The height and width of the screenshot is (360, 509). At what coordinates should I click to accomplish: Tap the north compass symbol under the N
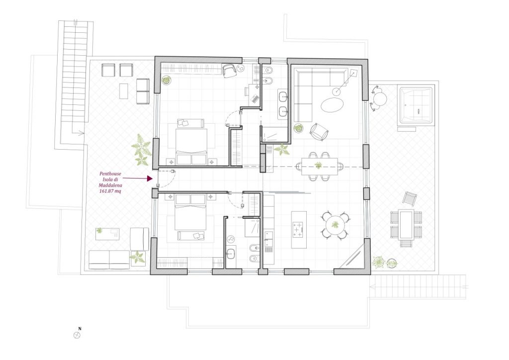pyautogui.click(x=77, y=335)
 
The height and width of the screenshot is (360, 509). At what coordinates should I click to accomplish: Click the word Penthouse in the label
pyautogui.click(x=110, y=174)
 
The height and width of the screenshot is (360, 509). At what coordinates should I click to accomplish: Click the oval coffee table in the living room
pyautogui.click(x=332, y=105)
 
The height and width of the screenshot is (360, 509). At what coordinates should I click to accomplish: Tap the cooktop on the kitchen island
pyautogui.click(x=298, y=229)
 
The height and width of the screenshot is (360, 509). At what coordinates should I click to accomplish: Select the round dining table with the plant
pyautogui.click(x=335, y=225)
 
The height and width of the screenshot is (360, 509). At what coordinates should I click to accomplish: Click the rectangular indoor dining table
pyautogui.click(x=320, y=166)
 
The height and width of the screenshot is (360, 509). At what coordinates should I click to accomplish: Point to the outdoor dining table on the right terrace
pyautogui.click(x=406, y=224)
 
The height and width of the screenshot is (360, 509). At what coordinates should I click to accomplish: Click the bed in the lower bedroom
pyautogui.click(x=190, y=212)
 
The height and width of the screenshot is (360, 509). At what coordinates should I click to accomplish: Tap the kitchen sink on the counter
pyautogui.click(x=268, y=242)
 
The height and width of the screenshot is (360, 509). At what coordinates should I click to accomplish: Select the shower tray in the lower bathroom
pyautogui.click(x=251, y=227)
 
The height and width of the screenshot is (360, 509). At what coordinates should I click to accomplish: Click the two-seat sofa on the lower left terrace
pyautogui.click(x=109, y=260)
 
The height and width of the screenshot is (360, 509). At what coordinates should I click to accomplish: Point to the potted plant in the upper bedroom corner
pyautogui.click(x=166, y=80)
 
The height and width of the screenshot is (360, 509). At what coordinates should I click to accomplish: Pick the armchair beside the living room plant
pyautogui.click(x=319, y=132)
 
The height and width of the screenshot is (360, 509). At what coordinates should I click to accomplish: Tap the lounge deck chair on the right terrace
pyautogui.click(x=410, y=198)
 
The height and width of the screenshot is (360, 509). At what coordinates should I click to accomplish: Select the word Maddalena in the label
pyautogui.click(x=111, y=185)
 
